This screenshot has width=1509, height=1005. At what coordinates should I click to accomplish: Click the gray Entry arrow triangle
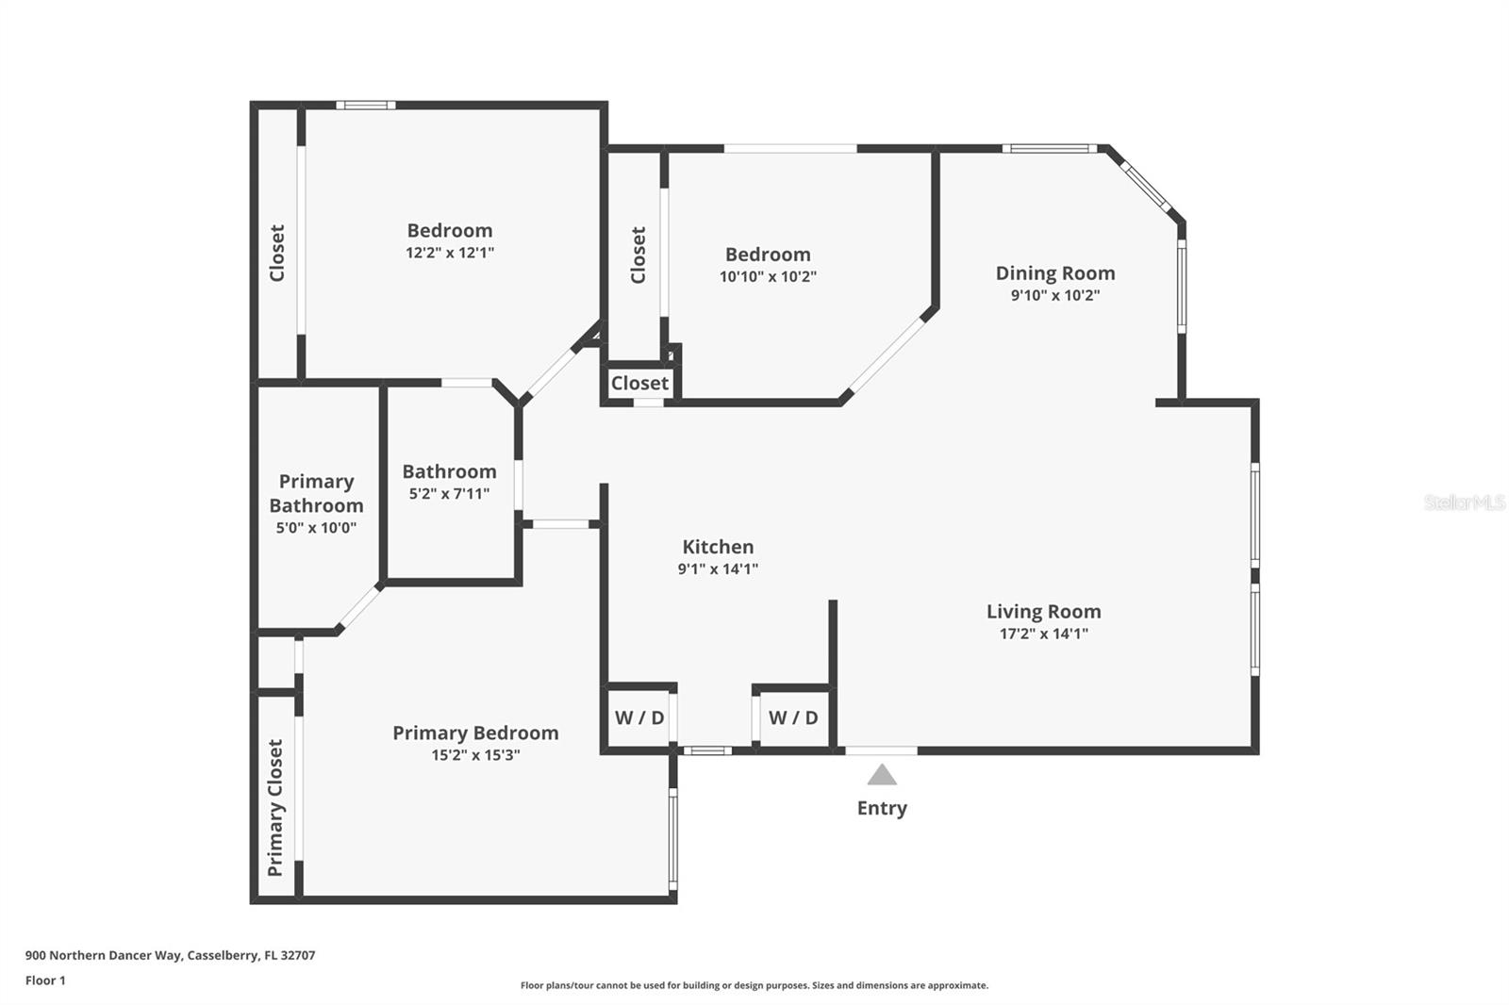click(x=882, y=775)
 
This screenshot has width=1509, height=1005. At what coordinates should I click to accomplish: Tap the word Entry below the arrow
click(x=882, y=808)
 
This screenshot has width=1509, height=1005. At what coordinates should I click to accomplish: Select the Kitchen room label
click(x=718, y=546)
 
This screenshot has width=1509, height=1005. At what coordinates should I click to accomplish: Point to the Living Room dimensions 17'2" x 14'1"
click(x=1043, y=634)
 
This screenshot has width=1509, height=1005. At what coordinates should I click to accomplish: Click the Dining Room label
click(x=1055, y=272)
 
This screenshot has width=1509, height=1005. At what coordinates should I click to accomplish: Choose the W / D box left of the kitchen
click(x=639, y=717)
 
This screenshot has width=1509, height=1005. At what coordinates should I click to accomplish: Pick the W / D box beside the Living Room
click(x=793, y=717)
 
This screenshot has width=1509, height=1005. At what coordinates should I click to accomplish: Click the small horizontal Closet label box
click(x=639, y=384)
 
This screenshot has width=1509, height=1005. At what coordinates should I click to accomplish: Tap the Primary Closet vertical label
click(x=275, y=808)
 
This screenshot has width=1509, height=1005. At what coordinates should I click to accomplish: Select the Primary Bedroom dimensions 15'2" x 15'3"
click(x=475, y=755)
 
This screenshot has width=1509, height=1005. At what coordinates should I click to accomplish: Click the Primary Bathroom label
click(x=317, y=493)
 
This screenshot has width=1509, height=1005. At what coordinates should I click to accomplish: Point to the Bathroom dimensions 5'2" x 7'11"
click(x=449, y=494)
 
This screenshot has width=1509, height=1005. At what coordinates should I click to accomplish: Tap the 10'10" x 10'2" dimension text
click(x=768, y=276)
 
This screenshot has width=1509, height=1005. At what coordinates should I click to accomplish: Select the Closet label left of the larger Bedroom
click(x=277, y=254)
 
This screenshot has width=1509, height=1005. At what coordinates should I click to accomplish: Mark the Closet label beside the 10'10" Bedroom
click(x=638, y=255)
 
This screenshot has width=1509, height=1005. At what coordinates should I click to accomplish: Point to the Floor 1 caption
click(x=46, y=980)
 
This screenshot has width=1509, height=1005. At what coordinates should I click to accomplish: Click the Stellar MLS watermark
click(x=1465, y=502)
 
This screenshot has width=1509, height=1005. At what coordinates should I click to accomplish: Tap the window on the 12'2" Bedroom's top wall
click(x=366, y=105)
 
